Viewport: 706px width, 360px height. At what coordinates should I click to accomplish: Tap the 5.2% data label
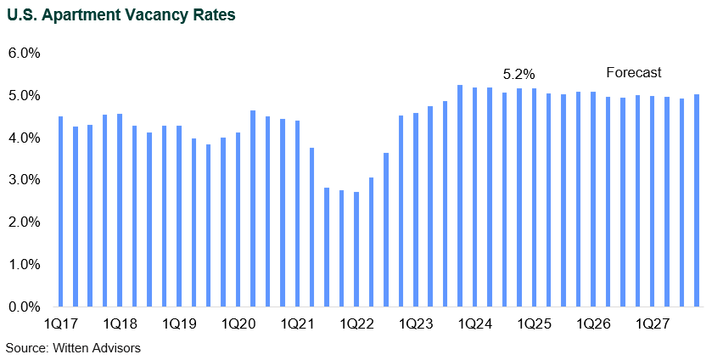(519, 74)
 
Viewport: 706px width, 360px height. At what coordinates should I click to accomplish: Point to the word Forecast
(633, 73)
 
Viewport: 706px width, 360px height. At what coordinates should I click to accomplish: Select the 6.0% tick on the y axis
(25, 53)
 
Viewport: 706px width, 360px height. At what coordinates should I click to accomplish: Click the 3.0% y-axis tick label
(25, 180)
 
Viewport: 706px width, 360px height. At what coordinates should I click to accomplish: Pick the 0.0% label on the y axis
(25, 307)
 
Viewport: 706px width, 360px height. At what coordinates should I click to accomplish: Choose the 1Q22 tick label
(356, 324)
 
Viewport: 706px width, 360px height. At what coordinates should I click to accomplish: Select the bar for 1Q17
(60, 211)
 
